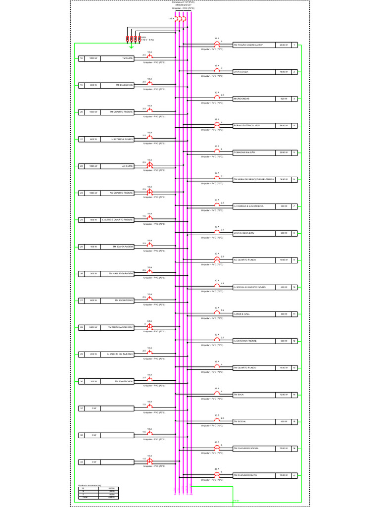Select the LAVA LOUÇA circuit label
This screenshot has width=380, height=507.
tap(241, 72)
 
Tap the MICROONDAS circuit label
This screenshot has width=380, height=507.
tap(241, 99)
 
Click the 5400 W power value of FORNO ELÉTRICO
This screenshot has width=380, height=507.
tap(284, 126)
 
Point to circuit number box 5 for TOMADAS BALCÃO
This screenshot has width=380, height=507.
tap(294, 152)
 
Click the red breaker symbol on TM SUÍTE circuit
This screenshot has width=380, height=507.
tap(150, 57)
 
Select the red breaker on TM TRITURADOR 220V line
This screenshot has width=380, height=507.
tap(150, 326)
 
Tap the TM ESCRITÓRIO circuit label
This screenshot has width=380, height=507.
tap(124, 301)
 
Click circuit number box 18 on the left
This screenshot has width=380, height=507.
tap(82, 58)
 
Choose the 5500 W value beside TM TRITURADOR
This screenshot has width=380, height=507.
tap(93, 327)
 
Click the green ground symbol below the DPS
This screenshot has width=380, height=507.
tap(131, 48)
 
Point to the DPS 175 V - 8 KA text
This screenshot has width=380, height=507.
tap(146, 38)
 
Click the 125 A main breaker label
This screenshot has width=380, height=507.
tap(171, 18)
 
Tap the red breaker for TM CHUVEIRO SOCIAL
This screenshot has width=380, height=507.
tap(217, 448)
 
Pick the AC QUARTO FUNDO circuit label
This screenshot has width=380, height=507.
tap(245, 260)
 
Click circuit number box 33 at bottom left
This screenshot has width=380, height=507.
tap(82, 462)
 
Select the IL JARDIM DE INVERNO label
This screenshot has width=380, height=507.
tap(120, 355)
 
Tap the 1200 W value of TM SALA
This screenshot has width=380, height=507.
tap(284, 395)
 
